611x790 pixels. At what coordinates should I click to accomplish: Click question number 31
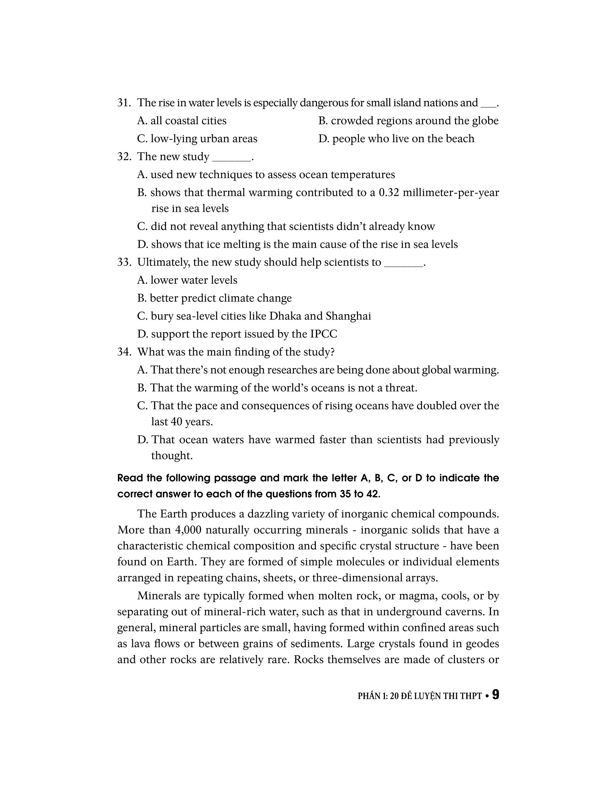pyautogui.click(x=124, y=103)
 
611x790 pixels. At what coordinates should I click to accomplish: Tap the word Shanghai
pyautogui.click(x=348, y=316)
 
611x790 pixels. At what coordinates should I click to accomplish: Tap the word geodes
pyautogui.click(x=482, y=643)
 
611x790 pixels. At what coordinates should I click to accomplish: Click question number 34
pyautogui.click(x=124, y=352)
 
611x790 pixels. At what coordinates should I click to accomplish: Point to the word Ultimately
pyautogui.click(x=163, y=262)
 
